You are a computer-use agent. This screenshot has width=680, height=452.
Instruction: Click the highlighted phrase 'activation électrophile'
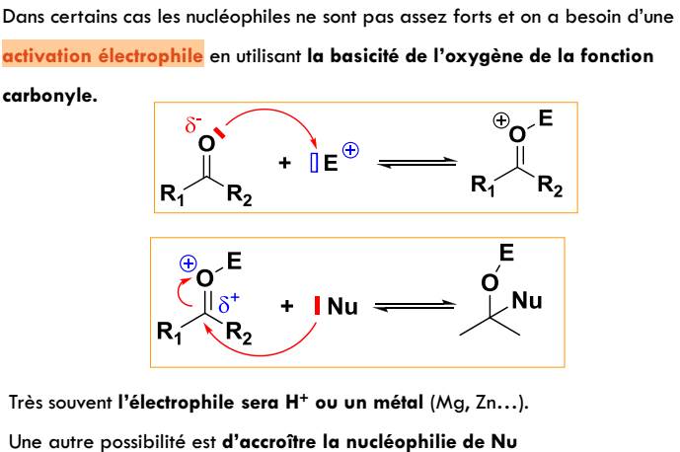[103, 57]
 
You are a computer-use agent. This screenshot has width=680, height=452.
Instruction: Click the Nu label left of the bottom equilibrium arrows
[341, 307]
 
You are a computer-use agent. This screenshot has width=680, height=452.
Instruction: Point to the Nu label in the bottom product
[527, 300]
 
